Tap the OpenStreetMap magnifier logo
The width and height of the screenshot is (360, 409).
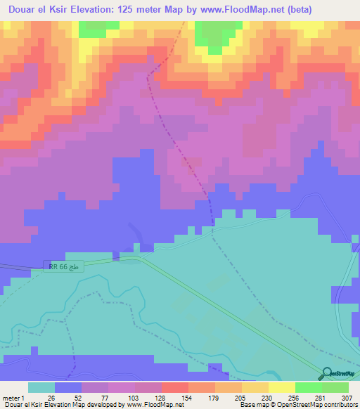[328, 373]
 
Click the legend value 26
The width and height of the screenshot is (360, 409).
[51, 397]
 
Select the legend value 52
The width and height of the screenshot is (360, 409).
[77, 397]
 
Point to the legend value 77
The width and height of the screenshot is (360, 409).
[104, 397]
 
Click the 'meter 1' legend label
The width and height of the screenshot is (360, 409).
[13, 397]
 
